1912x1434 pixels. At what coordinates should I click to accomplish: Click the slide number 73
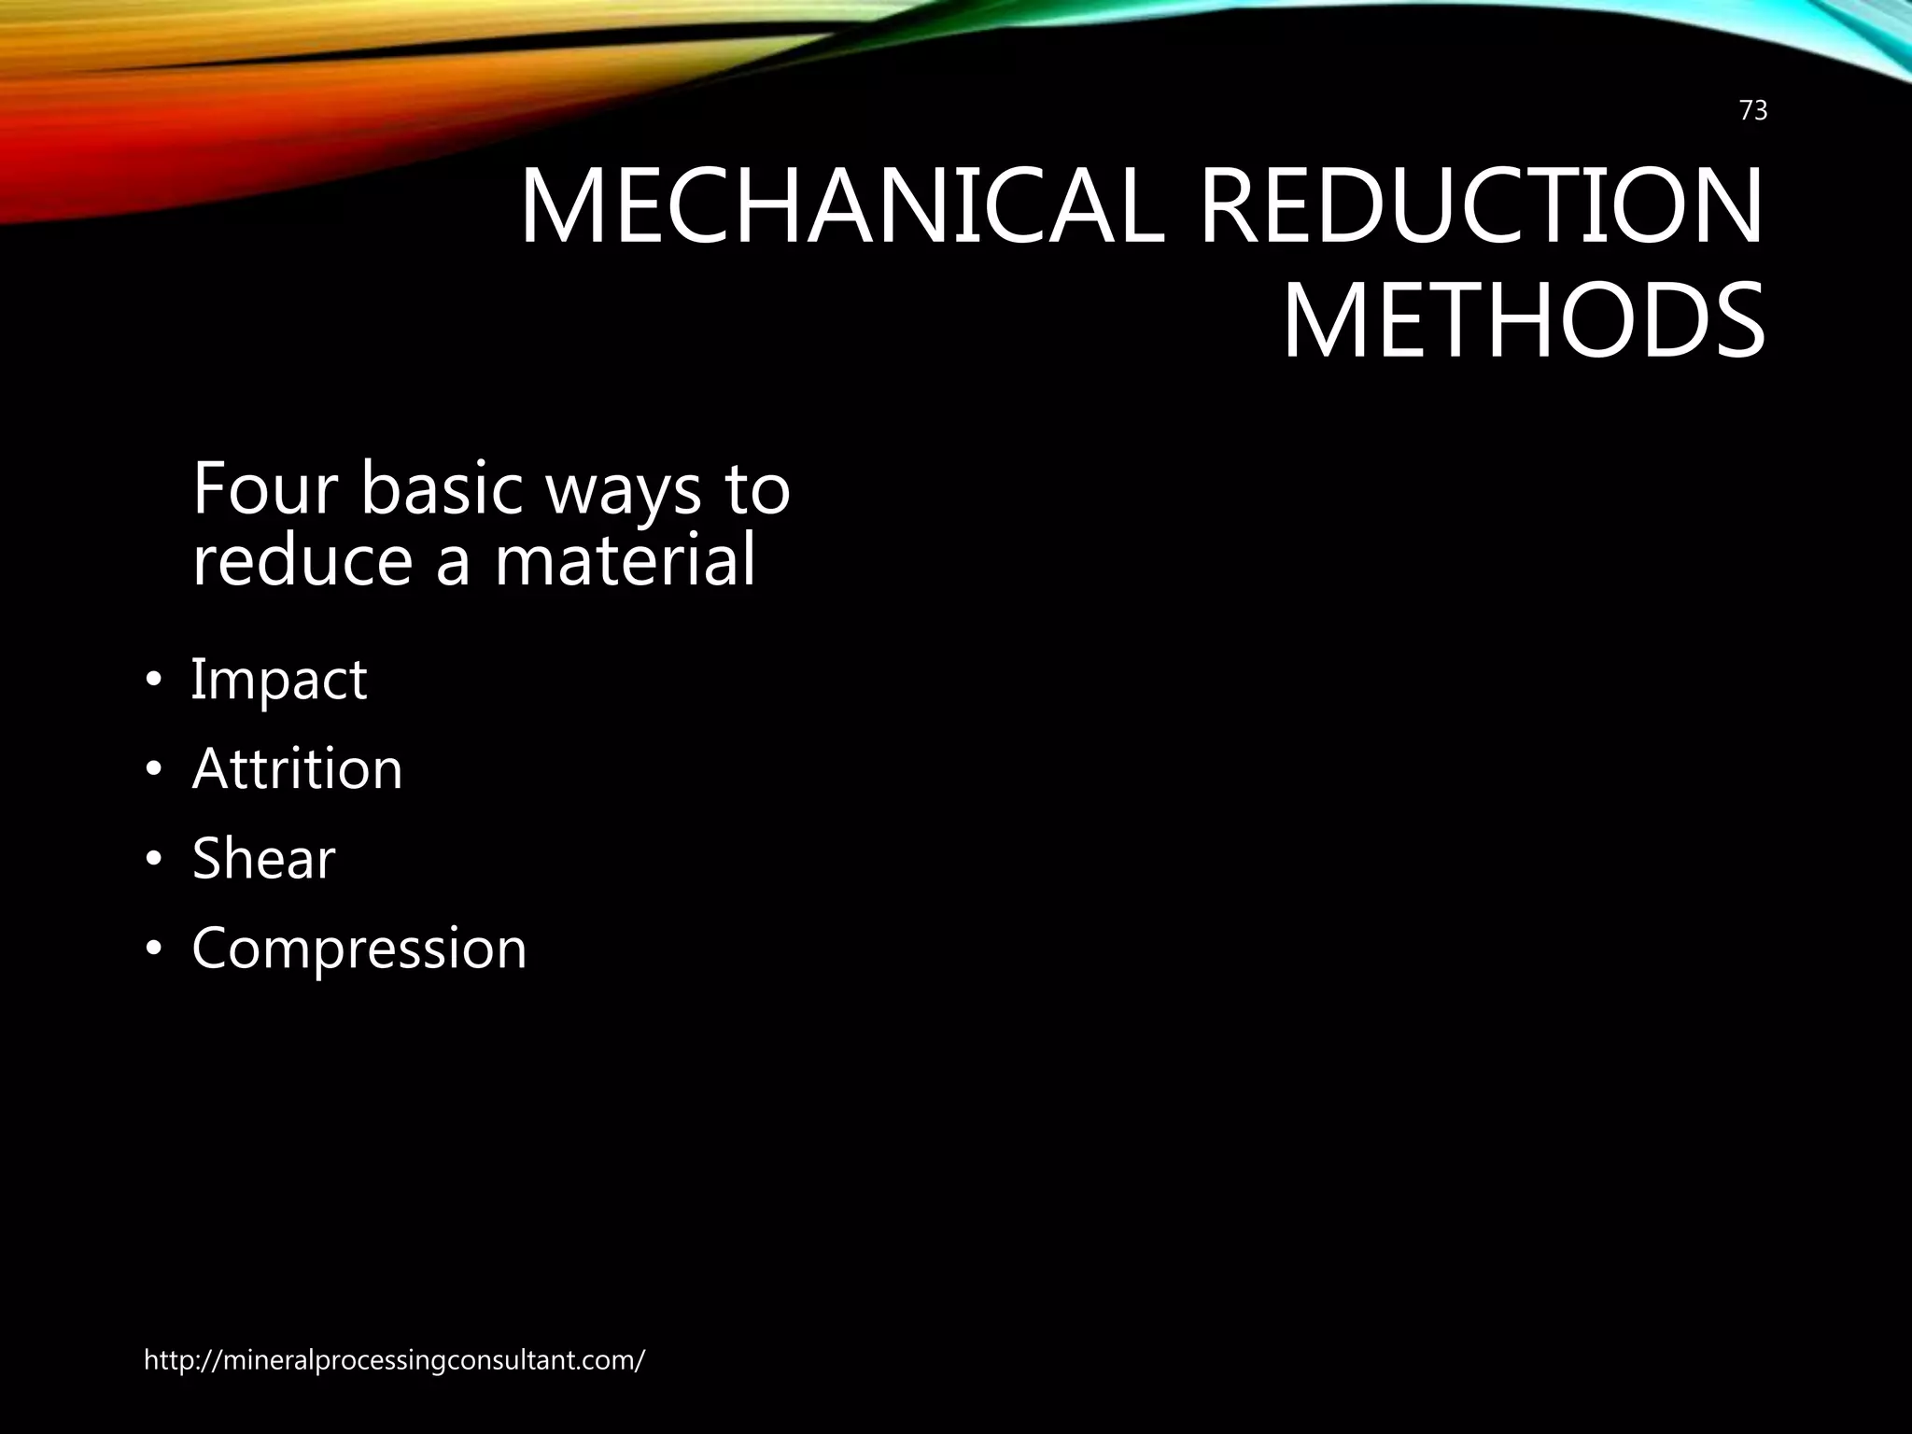[x=1753, y=111]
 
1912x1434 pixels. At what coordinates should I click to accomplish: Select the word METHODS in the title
[x=1524, y=323]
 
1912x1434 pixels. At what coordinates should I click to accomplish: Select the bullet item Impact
[x=278, y=680]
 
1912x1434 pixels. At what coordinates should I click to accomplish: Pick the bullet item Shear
[x=263, y=858]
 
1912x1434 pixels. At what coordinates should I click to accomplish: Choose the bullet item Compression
[x=359, y=949]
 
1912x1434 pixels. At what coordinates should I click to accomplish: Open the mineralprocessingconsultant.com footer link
[x=394, y=1360]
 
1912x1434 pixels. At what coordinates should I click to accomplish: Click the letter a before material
[x=454, y=564]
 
